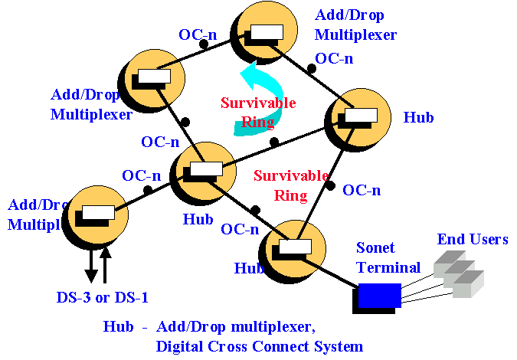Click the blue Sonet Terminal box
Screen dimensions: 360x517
coord(379,295)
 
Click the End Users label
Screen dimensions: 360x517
coord(473,240)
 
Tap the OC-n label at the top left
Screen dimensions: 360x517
coord(201,34)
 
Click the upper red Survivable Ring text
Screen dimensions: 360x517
coord(247,112)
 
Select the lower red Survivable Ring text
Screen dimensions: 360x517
coord(280,185)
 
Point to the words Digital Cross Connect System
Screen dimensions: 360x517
coord(259,345)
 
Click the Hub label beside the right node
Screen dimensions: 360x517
coord(418,117)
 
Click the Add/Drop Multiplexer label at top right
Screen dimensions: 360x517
coord(355,25)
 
